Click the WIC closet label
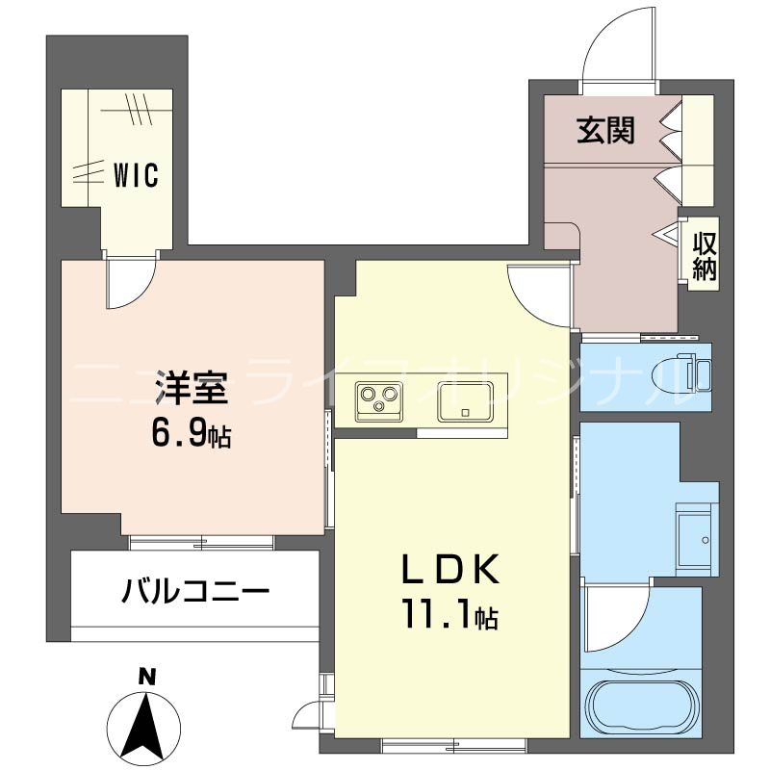coord(136,175)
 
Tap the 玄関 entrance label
coord(605,131)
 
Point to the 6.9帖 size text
coord(190,434)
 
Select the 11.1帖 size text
coord(449,616)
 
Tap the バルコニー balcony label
coord(194,588)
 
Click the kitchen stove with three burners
coord(377,399)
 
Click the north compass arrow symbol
coord(145,723)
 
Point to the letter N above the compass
coord(145,677)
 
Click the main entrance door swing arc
coord(615,43)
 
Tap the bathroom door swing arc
coord(611,616)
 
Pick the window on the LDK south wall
coord(453,744)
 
